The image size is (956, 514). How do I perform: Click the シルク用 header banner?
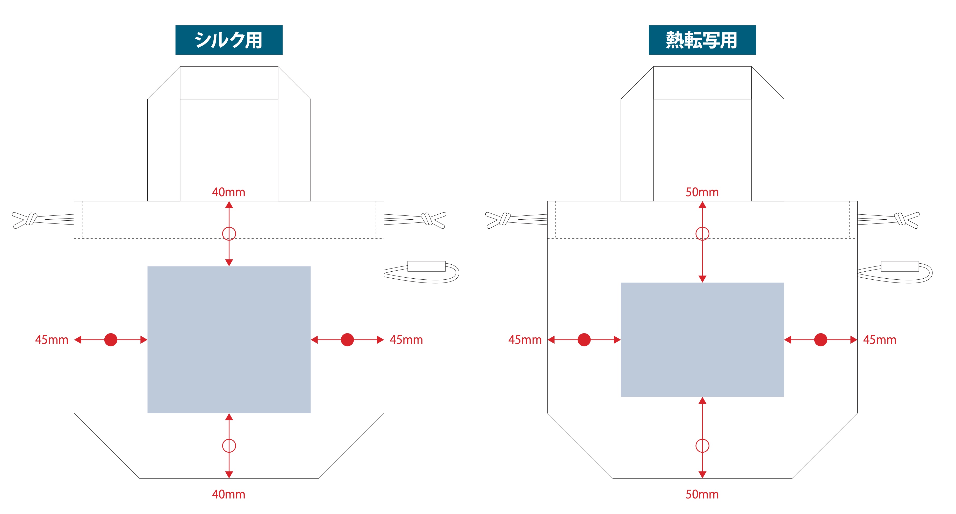(x=229, y=40)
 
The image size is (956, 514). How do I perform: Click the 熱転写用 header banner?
(x=702, y=40)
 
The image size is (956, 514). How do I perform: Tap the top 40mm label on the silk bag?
(x=229, y=192)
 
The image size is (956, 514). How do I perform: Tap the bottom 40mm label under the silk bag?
(x=229, y=494)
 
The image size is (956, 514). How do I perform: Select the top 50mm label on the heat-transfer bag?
(x=702, y=192)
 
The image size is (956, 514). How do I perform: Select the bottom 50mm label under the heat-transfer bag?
(x=702, y=494)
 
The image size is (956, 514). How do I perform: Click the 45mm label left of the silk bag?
(x=52, y=339)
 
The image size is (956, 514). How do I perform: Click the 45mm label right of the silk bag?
(x=406, y=339)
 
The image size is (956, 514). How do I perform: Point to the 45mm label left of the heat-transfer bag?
(x=525, y=339)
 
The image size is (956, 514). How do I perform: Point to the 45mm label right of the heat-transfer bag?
(x=880, y=339)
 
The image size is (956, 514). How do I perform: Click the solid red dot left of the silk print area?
(x=111, y=339)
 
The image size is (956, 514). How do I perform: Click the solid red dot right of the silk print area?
(x=347, y=339)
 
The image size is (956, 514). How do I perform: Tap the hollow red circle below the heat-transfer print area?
(x=702, y=446)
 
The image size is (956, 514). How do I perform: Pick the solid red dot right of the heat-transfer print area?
(x=821, y=339)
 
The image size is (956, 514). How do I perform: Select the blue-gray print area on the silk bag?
(x=229, y=339)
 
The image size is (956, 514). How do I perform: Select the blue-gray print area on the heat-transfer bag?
(x=702, y=339)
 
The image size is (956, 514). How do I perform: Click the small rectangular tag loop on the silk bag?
(x=426, y=266)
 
